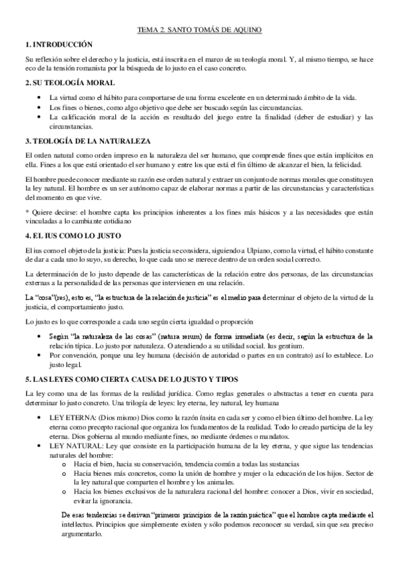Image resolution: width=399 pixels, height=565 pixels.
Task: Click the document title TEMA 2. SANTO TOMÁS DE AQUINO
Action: [x=199, y=30]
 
